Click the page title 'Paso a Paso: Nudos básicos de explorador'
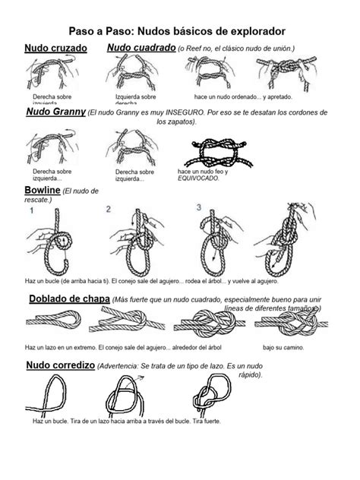[180, 31]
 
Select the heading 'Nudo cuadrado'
[141, 49]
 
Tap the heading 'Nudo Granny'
[55, 113]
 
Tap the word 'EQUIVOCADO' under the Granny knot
[196, 178]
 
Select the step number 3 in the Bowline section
[199, 207]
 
